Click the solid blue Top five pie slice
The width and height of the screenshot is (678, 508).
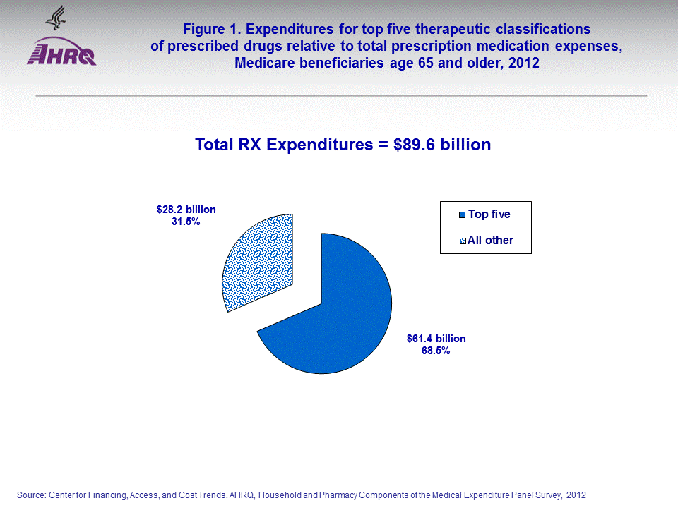point(339,317)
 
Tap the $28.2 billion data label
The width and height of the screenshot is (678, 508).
point(186,210)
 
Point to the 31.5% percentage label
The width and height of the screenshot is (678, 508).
point(186,222)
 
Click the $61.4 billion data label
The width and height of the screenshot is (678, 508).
point(436,339)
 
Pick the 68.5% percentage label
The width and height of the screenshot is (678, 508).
point(436,351)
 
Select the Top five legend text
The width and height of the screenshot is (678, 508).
point(489,214)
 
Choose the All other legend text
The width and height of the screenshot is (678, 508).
point(490,240)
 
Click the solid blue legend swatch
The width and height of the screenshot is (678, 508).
point(462,215)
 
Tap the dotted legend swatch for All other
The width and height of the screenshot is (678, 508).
point(462,241)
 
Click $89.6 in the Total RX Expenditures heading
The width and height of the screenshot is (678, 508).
point(408,145)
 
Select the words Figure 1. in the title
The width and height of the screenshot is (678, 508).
point(209,30)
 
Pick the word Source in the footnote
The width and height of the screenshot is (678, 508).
point(31,495)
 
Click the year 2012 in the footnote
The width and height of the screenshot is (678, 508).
point(576,495)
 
